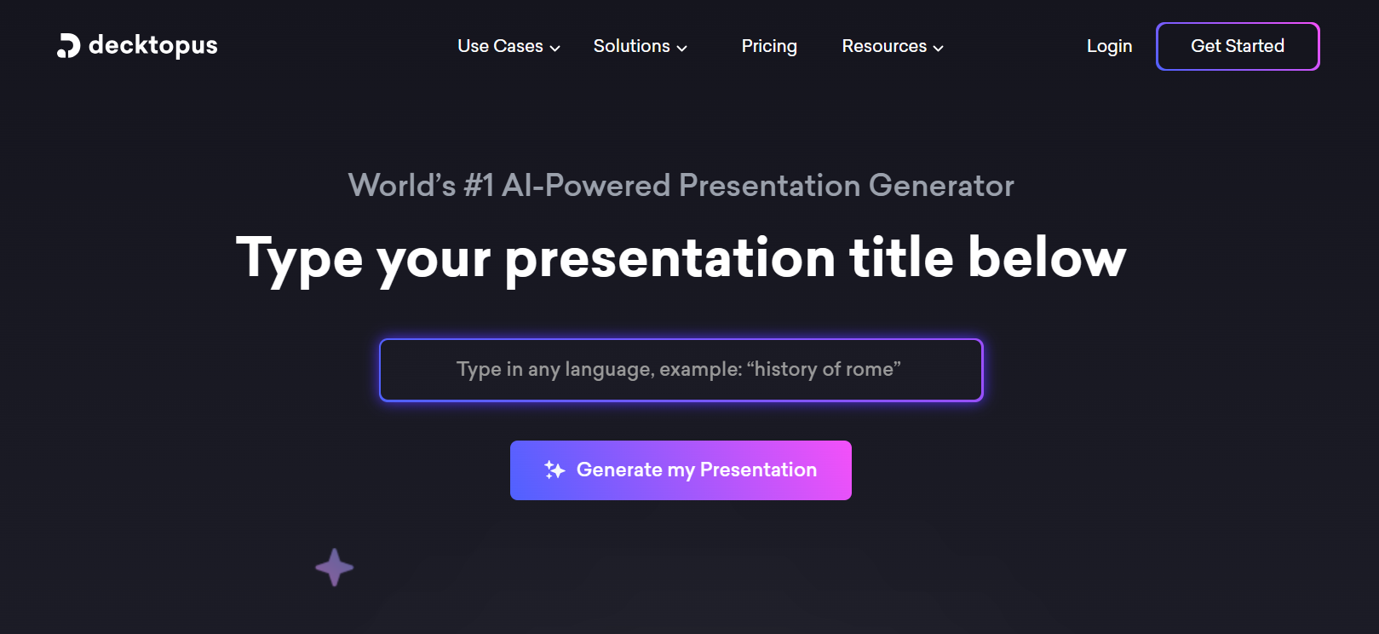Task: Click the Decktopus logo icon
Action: point(68,46)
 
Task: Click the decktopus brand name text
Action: point(152,46)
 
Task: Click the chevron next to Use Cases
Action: point(554,48)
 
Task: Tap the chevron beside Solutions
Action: point(681,48)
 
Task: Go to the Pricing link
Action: point(769,46)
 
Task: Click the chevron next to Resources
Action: point(938,48)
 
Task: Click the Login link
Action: point(1109,46)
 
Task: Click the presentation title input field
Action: point(681,370)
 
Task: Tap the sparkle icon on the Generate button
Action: point(554,470)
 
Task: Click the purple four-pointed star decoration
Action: point(334,568)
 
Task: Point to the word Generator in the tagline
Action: point(940,186)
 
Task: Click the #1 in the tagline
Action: point(479,186)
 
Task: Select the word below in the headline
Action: point(1047,258)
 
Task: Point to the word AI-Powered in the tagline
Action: point(585,186)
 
